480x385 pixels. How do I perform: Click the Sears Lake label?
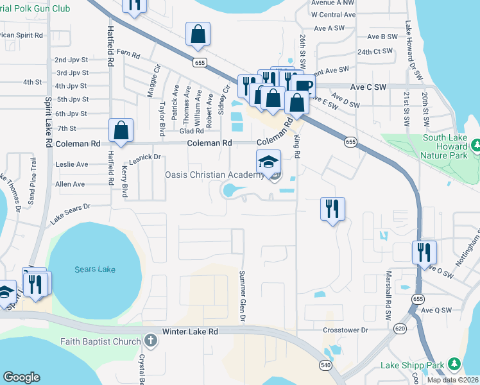95,269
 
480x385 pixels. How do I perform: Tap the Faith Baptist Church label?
100,341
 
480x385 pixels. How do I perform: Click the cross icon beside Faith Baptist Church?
150,341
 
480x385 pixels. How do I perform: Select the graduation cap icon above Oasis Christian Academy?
268,161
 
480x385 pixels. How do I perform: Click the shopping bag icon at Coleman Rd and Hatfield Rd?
121,130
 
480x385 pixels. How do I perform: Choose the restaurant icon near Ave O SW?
424,252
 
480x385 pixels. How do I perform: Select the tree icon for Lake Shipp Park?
454,364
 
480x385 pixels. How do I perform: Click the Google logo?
21,377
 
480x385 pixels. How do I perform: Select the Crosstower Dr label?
346,330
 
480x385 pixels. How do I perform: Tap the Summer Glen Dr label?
243,296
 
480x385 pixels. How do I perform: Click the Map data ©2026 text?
452,380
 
